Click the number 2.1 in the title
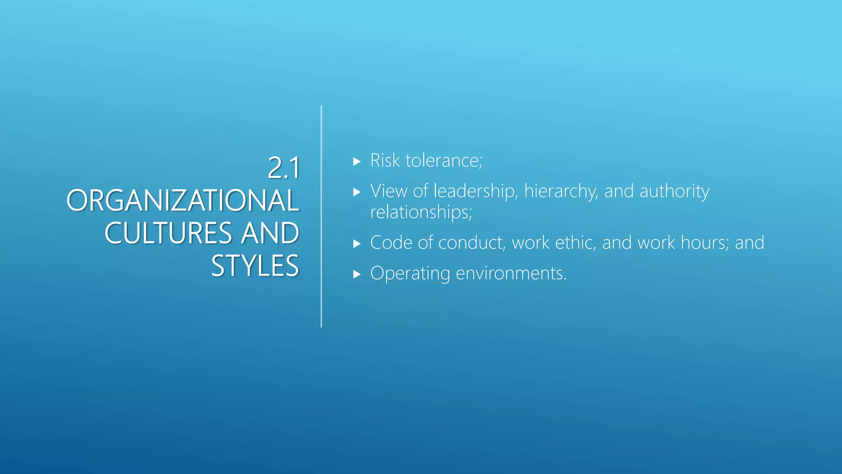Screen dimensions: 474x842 [283, 168]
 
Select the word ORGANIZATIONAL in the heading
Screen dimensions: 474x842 [183, 201]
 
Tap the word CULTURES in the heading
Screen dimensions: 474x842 [169, 233]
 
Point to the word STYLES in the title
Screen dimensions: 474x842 [255, 266]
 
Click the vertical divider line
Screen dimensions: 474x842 [321, 216]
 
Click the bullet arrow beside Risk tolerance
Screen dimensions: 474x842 [357, 162]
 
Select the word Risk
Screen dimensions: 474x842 [385, 160]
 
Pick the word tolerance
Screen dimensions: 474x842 [444, 160]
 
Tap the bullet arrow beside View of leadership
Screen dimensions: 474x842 [357, 192]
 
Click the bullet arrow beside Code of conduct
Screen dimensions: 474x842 [357, 244]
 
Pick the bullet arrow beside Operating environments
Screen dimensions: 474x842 [357, 274]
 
